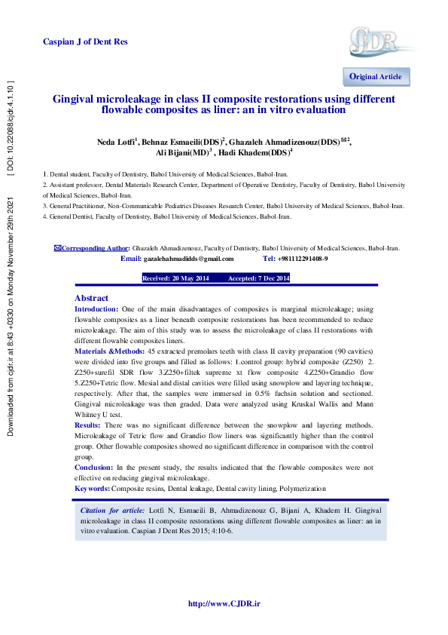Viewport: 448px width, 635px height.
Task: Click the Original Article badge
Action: click(x=375, y=77)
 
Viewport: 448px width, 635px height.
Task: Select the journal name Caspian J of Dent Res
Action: click(x=85, y=41)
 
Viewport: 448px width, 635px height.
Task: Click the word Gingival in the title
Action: click(x=75, y=99)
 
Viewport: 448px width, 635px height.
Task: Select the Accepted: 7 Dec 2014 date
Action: click(x=258, y=278)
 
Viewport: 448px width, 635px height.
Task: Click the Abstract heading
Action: click(x=91, y=299)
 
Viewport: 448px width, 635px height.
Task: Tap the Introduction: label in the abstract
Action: click(x=96, y=309)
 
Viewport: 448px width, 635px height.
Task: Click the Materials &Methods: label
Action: click(x=110, y=351)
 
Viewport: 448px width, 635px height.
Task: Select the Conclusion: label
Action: click(x=94, y=468)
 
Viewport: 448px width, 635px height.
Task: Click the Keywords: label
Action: click(x=92, y=489)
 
